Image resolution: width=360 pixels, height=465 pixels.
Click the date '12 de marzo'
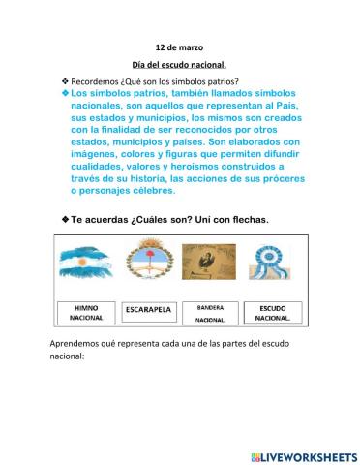point(179,46)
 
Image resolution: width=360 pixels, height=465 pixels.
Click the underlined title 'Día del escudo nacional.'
point(179,64)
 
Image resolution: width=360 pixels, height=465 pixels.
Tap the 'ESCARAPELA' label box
point(148,310)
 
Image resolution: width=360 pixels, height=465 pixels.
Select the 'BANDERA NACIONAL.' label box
point(209,312)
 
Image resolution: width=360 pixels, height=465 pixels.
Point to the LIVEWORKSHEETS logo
point(302,455)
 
